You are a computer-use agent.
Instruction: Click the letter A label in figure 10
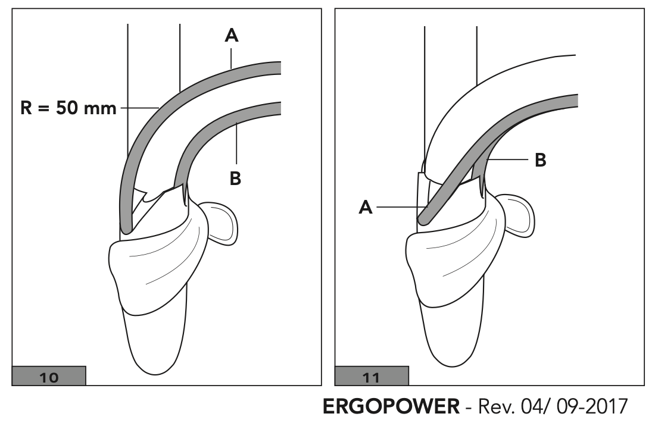[x=231, y=36]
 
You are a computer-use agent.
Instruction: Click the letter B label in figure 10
[x=236, y=178]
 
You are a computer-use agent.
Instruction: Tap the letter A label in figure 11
[x=365, y=207]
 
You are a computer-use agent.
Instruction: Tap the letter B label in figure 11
[x=541, y=160]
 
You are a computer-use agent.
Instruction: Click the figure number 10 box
[x=49, y=377]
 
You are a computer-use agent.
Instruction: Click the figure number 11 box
[x=372, y=377]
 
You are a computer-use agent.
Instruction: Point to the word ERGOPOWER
[x=391, y=408]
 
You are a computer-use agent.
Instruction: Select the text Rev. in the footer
[x=493, y=408]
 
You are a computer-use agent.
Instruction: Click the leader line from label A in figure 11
[x=398, y=207]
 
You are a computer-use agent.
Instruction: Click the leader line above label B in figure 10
[x=236, y=143]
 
